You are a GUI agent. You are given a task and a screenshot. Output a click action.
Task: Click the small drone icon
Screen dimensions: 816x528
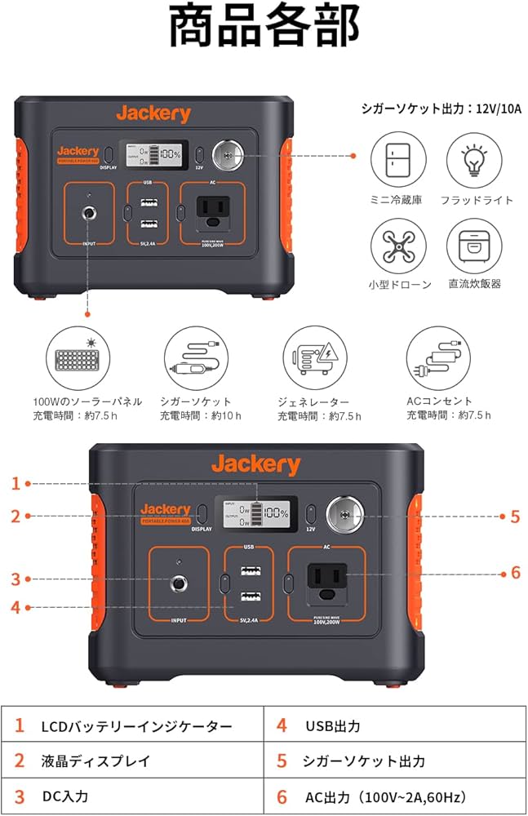398,246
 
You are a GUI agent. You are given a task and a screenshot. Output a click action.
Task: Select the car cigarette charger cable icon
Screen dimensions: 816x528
194,358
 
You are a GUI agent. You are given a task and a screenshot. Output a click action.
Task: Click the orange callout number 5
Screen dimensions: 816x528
514,516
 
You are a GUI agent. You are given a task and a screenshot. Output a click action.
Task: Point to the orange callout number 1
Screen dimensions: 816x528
15,483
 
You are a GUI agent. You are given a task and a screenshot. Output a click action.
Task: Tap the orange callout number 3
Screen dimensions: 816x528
15,579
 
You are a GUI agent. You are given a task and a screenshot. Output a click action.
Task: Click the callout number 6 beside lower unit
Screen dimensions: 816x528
514,572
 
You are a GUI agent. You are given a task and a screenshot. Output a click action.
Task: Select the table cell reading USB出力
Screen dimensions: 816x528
333,725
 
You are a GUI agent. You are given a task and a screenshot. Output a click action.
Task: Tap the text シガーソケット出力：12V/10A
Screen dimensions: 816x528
441,109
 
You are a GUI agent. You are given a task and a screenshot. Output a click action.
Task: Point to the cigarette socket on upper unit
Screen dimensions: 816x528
224,155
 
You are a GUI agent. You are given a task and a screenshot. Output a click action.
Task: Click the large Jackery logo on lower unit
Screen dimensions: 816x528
255,465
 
